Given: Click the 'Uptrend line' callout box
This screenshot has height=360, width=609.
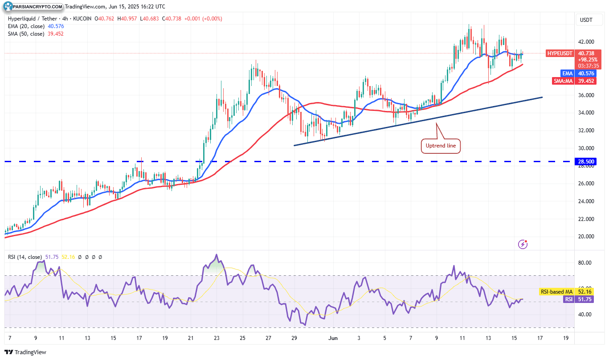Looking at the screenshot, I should click(441, 146).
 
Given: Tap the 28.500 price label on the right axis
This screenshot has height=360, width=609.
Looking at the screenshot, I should click(587, 161).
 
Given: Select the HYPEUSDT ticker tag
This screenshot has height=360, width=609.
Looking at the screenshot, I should click(560, 53).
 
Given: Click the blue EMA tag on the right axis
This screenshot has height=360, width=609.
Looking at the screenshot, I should click(567, 73).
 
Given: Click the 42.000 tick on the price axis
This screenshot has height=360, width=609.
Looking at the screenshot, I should click(586, 42).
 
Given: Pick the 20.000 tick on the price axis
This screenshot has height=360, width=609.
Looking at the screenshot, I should click(586, 237).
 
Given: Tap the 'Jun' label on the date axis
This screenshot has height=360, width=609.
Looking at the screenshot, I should click(332, 338).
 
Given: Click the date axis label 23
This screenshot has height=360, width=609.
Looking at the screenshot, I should click(217, 338).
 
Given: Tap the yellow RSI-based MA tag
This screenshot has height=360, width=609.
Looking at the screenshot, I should click(556, 292).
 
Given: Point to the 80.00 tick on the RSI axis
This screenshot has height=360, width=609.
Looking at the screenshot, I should click(584, 263).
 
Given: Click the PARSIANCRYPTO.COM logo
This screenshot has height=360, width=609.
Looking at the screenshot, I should click(33, 7).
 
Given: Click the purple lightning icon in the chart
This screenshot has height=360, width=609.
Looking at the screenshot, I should click(523, 244).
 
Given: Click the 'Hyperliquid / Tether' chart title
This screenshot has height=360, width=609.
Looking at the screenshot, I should click(31, 19).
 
